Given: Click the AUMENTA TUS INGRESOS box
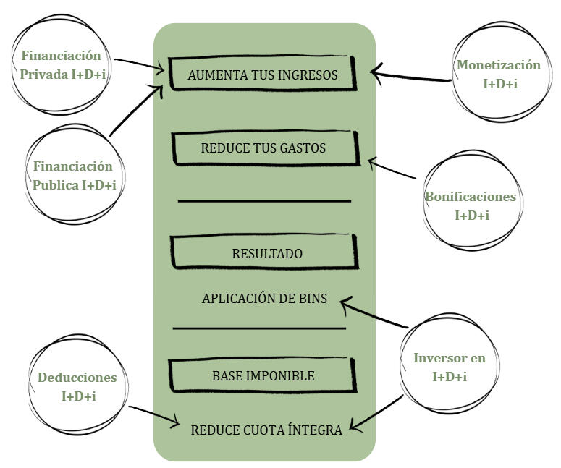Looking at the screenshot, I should [263, 75].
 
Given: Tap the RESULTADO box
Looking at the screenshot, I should [265, 253].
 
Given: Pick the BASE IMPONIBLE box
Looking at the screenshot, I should [263, 375].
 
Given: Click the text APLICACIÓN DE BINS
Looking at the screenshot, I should [264, 298].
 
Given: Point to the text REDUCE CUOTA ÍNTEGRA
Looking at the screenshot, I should [266, 430].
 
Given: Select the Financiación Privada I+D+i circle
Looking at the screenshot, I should [61, 63].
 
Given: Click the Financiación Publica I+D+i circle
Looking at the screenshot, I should [75, 176].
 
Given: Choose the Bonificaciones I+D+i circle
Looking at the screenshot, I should [471, 205].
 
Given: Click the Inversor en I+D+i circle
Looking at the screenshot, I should [449, 367].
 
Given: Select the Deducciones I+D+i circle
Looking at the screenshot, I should [77, 386].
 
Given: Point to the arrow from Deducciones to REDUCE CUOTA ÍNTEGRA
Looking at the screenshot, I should [154, 415].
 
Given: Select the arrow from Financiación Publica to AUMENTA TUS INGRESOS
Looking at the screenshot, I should [135, 111].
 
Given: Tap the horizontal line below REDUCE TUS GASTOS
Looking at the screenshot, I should [264, 200].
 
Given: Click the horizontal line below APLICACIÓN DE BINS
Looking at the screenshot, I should [259, 328].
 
